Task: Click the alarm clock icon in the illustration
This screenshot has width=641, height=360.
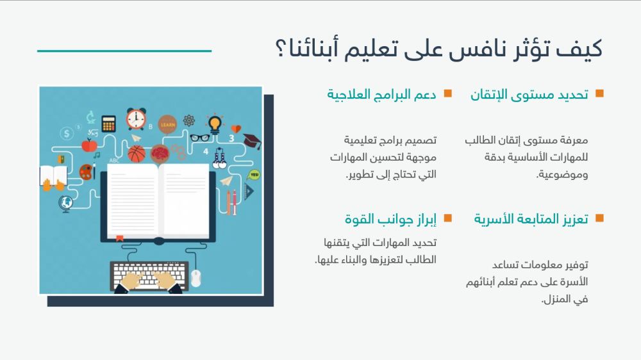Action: [136, 119]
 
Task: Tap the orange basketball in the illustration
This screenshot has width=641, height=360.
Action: [137, 154]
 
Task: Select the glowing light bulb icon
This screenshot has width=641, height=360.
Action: [215, 123]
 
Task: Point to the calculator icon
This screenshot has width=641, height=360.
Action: [108, 123]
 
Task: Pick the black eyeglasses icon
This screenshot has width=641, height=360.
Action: [199, 137]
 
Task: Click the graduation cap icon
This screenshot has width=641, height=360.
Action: [252, 142]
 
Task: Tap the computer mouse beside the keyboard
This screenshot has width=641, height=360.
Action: [196, 278]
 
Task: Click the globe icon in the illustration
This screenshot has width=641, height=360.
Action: [65, 204]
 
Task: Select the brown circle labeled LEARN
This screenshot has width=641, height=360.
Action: [167, 124]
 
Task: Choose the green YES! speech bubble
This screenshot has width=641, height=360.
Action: [254, 174]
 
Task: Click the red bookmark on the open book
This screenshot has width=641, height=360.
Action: [119, 238]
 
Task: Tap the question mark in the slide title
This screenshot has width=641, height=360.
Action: [280, 50]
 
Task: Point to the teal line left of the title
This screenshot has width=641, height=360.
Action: [124, 51]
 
